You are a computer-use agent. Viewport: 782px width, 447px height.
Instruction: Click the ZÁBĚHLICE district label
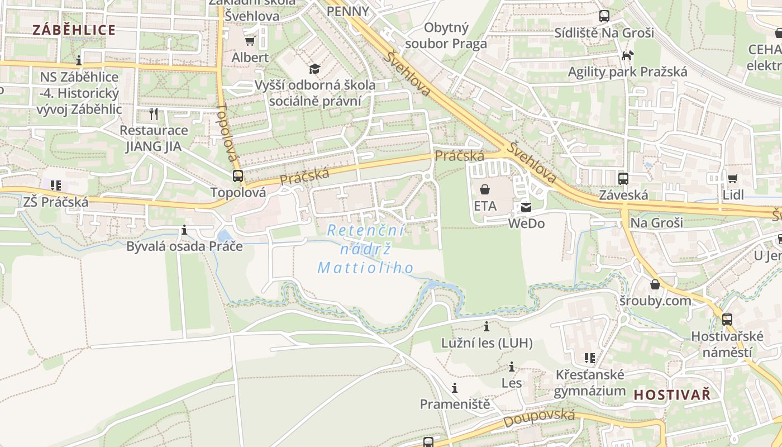[x=74, y=30]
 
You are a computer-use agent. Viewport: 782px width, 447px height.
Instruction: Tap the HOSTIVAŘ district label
[x=672, y=394]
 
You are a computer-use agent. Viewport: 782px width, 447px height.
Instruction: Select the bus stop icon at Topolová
[x=238, y=176]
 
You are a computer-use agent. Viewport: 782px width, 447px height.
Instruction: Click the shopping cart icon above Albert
[x=250, y=41]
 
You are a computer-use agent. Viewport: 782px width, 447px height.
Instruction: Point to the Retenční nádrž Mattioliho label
[x=366, y=249]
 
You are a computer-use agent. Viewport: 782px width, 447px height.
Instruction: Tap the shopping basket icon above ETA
[x=485, y=189]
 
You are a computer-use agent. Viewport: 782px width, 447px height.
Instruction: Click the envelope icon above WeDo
[x=526, y=207]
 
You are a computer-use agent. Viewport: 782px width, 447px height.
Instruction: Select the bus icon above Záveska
[x=623, y=179]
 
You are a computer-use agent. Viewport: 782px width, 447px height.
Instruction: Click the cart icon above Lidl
[x=732, y=179]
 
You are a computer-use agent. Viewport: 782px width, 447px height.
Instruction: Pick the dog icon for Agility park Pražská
[x=628, y=55]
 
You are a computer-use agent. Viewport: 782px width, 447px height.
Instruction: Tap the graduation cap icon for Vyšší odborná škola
[x=315, y=69]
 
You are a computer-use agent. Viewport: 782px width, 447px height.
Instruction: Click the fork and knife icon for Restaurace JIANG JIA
[x=154, y=114]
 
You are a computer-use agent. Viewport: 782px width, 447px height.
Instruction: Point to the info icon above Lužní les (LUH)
[x=487, y=326]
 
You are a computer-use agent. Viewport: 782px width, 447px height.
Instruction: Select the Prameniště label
[x=455, y=403]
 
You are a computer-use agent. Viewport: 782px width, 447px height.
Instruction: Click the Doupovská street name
[x=539, y=417]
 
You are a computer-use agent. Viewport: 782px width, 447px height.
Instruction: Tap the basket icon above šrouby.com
[x=655, y=284]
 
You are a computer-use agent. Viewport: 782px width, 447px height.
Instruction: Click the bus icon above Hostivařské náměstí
[x=727, y=320]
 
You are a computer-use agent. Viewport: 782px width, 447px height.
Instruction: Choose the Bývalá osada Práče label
[x=184, y=246]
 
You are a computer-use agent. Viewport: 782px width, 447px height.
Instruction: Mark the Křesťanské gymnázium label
[x=590, y=382]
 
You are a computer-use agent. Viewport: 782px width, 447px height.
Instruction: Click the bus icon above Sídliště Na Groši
[x=604, y=16]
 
